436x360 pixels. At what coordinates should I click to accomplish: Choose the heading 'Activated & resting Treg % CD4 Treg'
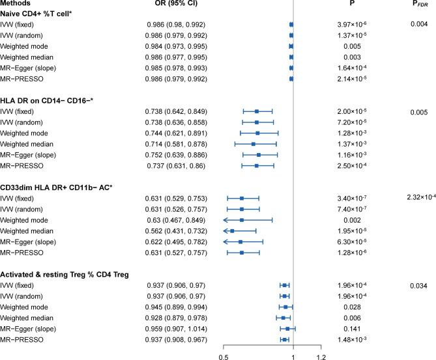point(64,274)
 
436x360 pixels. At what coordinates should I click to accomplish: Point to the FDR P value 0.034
point(418,284)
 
